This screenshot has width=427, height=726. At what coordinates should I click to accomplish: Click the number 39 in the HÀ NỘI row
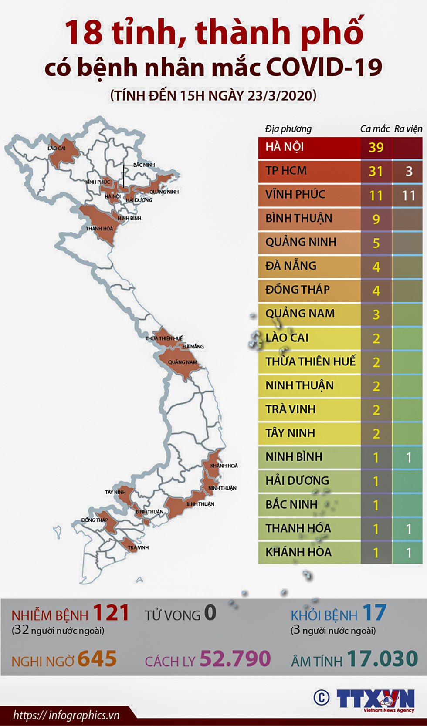tap(376, 147)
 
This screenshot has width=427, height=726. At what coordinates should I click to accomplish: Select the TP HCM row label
tap(286, 170)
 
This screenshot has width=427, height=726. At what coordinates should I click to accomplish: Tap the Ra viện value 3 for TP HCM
tap(409, 171)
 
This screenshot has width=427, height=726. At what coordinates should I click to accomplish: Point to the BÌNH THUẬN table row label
tap(298, 218)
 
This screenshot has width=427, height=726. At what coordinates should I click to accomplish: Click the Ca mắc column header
tap(374, 128)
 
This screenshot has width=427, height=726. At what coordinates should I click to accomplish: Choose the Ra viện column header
tap(408, 128)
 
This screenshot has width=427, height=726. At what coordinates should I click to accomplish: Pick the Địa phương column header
tap(288, 128)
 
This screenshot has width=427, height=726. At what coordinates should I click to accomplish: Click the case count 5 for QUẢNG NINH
tap(376, 243)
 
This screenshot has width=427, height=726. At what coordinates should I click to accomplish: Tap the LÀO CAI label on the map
tap(57, 149)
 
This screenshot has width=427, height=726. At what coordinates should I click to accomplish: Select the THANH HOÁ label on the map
tap(99, 229)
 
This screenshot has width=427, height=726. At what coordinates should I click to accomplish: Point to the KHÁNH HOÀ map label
tap(224, 466)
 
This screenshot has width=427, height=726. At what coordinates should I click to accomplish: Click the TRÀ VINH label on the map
tap(138, 547)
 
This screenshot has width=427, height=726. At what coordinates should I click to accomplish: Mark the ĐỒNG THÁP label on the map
tap(95, 520)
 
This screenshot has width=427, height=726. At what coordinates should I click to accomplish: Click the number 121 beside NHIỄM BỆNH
tap(111, 613)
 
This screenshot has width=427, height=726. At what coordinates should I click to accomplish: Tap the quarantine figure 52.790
tap(235, 658)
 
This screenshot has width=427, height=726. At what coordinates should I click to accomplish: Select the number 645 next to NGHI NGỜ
tap(97, 659)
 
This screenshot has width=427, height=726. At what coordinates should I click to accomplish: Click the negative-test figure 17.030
tap(383, 658)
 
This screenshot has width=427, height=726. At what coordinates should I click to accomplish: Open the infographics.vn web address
tap(66, 715)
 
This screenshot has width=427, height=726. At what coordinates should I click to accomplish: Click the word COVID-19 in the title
tap(324, 68)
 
